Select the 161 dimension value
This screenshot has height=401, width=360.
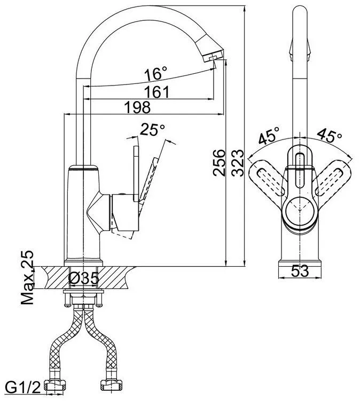(x=156, y=92)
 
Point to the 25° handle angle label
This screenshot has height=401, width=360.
(x=152, y=129)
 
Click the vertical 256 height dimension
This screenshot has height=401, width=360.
(x=219, y=163)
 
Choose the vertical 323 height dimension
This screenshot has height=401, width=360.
(x=237, y=163)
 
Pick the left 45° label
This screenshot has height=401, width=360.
(x=269, y=135)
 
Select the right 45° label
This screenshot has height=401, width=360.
(x=329, y=135)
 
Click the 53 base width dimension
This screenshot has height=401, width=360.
(x=300, y=271)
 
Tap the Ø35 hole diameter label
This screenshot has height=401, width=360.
(x=83, y=278)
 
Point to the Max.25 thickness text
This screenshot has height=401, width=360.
(x=27, y=277)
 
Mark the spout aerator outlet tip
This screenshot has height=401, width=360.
(x=212, y=59)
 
